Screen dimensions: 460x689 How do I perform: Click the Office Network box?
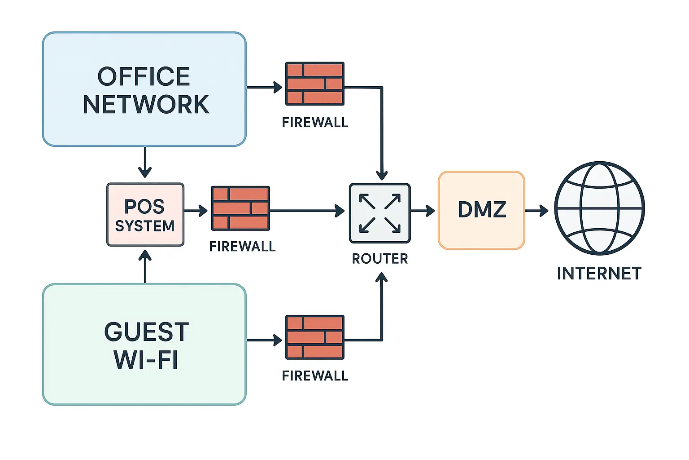[144, 89]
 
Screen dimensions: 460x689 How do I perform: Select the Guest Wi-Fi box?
[144, 344]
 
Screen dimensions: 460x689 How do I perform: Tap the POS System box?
[145, 215]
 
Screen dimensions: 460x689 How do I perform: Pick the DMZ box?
[481, 210]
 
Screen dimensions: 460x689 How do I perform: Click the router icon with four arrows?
[380, 213]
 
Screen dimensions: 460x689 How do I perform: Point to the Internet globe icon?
[599, 208]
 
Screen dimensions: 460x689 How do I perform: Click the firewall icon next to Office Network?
[315, 84]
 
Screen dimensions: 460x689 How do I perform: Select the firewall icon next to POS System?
[240, 208]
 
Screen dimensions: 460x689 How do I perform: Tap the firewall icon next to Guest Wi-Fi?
[315, 337]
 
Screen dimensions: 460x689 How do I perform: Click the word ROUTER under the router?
[380, 259]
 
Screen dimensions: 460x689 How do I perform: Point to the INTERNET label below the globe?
[599, 274]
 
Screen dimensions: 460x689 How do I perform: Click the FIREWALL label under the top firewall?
[315, 123]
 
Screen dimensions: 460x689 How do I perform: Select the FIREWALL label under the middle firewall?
[242, 247]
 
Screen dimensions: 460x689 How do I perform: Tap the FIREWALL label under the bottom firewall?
[315, 376]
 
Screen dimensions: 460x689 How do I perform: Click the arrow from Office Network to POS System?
[144, 163]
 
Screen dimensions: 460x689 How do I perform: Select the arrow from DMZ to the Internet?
[537, 210]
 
